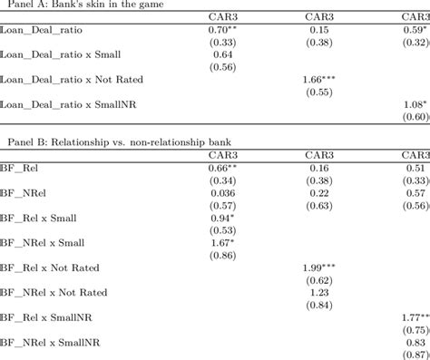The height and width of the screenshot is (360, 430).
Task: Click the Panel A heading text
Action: pos(80,5)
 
